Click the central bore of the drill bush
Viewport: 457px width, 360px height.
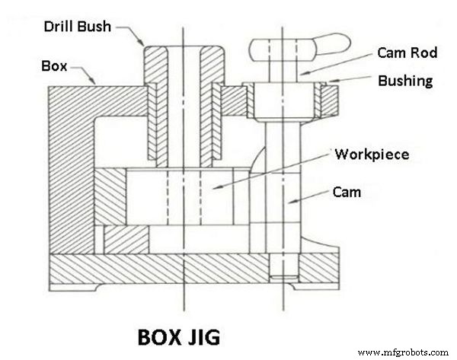[183, 114]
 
